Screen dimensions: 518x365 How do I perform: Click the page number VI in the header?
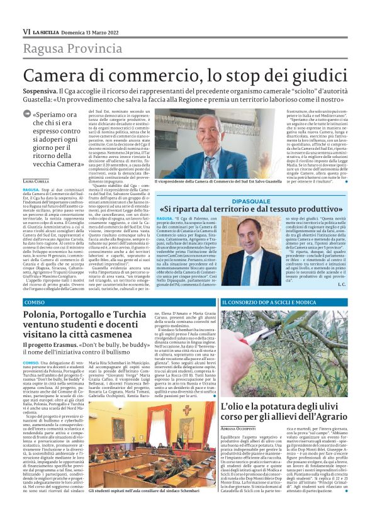[26, 31]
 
